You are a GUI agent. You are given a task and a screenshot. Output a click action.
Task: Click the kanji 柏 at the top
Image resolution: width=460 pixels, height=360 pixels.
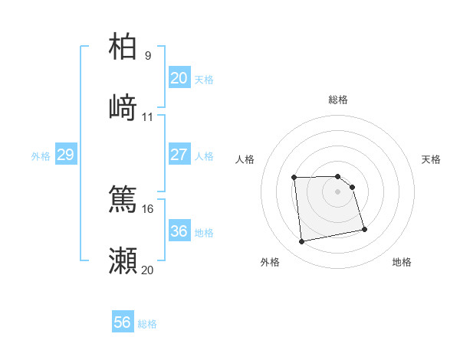click(123, 47)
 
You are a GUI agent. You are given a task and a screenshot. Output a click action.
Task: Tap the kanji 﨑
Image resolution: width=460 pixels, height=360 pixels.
click(123, 107)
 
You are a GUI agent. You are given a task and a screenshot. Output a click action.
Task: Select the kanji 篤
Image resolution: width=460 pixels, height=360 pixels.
click(123, 199)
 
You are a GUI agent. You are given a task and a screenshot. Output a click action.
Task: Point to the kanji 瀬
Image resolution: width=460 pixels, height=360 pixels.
click(123, 261)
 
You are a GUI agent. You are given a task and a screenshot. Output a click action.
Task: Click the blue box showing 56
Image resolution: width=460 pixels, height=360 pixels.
click(123, 322)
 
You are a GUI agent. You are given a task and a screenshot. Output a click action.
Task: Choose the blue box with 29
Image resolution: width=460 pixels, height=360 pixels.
click(65, 155)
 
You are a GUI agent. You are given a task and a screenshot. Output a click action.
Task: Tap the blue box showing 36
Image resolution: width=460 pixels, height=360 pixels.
click(179, 231)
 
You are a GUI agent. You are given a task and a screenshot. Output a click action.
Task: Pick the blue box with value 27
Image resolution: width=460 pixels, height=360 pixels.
click(179, 155)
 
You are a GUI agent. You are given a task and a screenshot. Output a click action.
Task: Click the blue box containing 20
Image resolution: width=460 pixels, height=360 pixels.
click(179, 78)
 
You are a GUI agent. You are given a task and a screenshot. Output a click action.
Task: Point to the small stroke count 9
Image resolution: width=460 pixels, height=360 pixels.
click(148, 56)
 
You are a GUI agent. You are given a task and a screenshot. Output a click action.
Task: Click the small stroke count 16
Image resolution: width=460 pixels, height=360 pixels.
click(148, 208)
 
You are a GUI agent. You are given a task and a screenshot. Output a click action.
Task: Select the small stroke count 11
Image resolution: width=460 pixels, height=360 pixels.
click(148, 117)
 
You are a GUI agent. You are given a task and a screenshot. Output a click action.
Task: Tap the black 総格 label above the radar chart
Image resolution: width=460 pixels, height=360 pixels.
click(338, 100)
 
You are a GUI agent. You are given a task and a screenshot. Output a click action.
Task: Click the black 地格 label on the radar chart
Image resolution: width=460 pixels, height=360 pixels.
click(402, 262)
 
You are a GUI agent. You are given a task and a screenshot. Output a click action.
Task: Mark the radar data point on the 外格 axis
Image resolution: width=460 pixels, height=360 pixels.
click(302, 242)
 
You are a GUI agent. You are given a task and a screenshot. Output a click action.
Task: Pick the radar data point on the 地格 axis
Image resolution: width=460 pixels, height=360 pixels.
click(364, 228)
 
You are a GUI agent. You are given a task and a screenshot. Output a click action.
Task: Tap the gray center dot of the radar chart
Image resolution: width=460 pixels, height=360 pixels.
click(338, 191)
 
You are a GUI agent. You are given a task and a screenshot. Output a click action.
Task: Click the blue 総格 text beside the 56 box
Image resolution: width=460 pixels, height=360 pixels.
click(147, 324)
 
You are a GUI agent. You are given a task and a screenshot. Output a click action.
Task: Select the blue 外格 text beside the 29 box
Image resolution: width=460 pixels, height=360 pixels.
click(41, 156)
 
